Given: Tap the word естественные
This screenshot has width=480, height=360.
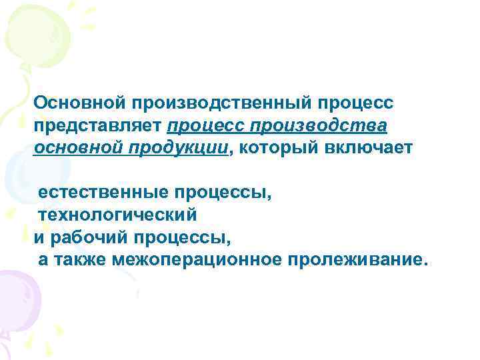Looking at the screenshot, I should click(x=103, y=193).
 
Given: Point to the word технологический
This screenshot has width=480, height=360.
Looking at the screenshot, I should click(x=117, y=215).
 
